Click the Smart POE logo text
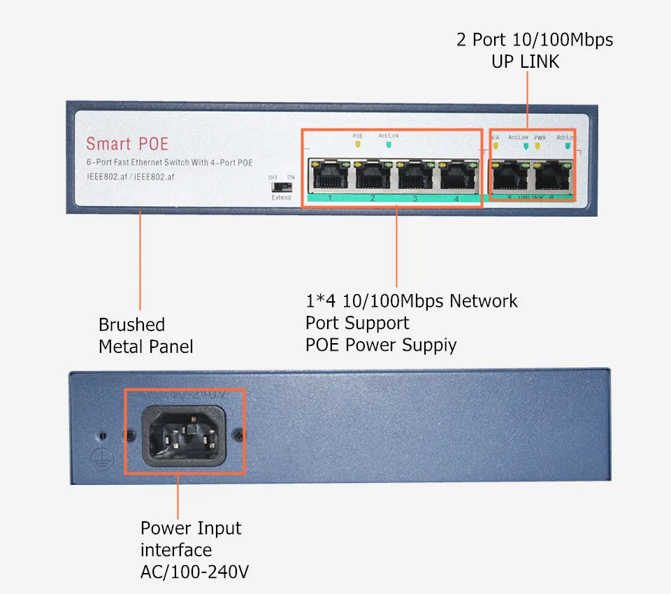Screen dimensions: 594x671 (127, 144)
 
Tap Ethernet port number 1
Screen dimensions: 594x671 (330, 175)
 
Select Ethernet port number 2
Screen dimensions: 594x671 (373, 175)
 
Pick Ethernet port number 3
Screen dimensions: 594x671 (414, 175)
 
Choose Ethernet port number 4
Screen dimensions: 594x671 (457, 175)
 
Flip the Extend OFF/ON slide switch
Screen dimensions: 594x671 (282, 187)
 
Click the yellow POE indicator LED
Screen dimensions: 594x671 (358, 145)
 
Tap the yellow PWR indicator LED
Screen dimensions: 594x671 (539, 147)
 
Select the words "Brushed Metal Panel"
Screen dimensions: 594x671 (145, 335)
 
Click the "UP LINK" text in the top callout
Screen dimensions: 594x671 (525, 61)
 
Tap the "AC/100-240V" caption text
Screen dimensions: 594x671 (194, 572)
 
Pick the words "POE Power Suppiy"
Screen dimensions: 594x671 (381, 345)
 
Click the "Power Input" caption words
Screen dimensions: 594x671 (191, 528)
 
